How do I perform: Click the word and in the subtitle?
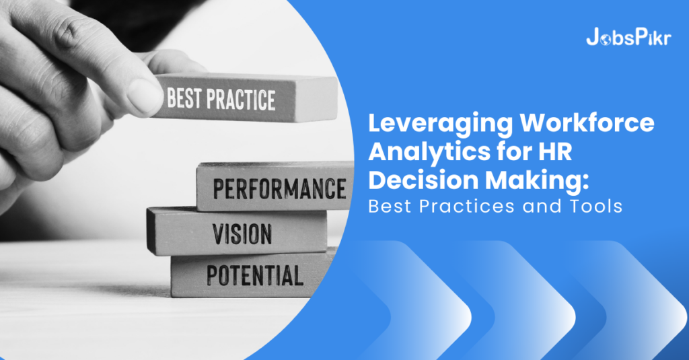pos(538,207)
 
